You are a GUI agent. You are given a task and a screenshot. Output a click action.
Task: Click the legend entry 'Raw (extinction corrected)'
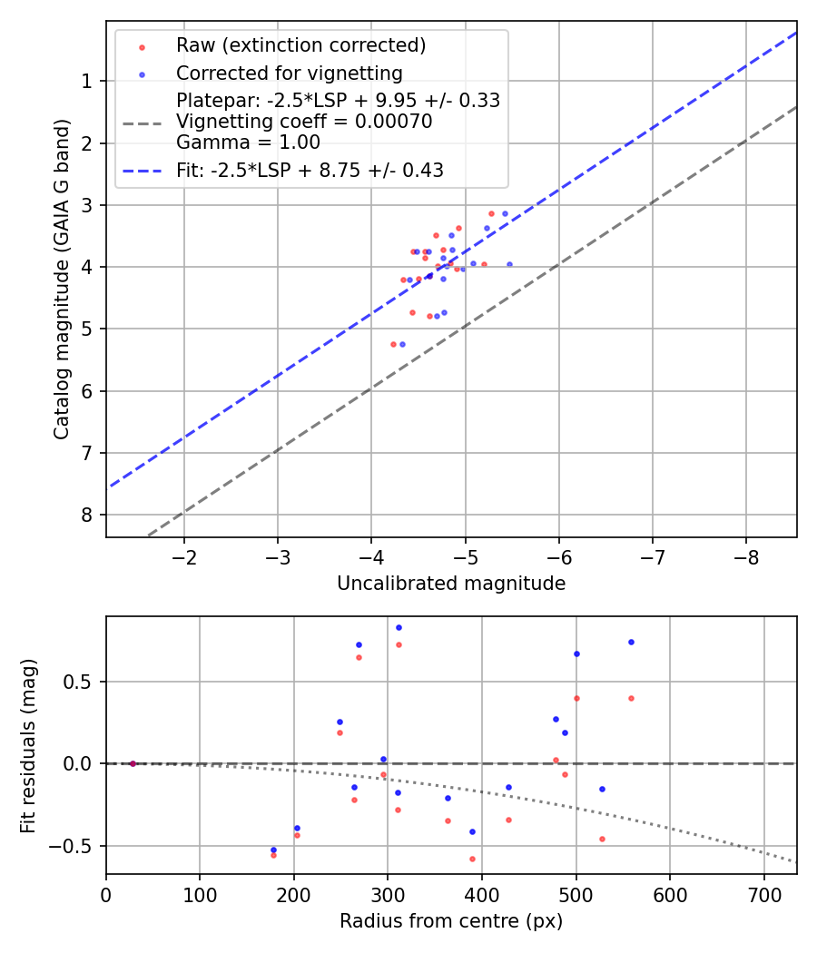click(x=300, y=45)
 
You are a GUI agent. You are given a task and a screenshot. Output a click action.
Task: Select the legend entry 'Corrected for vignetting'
click(x=289, y=73)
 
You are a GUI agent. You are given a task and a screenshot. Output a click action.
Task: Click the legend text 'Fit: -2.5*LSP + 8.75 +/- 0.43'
click(x=310, y=170)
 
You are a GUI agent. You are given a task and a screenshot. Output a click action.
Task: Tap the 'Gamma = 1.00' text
click(x=248, y=142)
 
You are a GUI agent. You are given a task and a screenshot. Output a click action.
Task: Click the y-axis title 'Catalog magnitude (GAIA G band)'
click(x=61, y=279)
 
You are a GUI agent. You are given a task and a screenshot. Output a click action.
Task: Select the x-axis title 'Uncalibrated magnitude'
click(x=451, y=584)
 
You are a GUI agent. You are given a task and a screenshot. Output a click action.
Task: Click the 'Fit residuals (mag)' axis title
click(x=28, y=745)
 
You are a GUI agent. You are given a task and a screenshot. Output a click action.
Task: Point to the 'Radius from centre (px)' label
click(x=451, y=921)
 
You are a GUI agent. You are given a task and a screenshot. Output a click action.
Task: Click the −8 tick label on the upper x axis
click(x=745, y=555)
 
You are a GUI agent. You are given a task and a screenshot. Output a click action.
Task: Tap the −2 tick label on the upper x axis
click(x=184, y=555)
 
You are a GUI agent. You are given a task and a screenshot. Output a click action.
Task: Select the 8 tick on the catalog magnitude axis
click(x=88, y=515)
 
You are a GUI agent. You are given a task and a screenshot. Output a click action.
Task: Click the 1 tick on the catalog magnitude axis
click(x=88, y=82)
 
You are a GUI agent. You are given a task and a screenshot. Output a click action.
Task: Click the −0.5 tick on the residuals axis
click(x=76, y=846)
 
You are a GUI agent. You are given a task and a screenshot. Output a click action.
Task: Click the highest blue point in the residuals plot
click(x=399, y=627)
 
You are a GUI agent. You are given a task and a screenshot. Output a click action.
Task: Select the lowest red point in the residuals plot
click(x=472, y=859)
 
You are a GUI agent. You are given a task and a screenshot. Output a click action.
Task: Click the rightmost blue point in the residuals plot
click(x=631, y=642)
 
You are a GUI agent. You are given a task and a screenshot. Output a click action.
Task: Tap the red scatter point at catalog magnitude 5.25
click(x=393, y=344)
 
